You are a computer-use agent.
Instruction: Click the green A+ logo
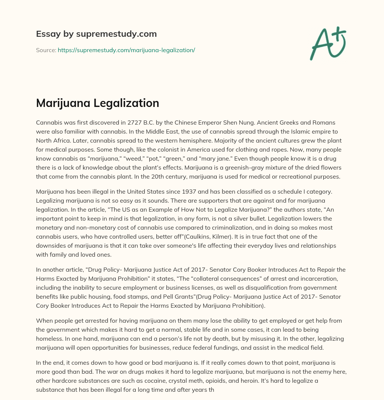point(327,43)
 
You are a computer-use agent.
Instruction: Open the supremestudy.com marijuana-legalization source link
point(126,50)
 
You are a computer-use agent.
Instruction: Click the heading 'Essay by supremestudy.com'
point(96,34)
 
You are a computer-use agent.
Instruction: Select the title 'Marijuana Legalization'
point(97,103)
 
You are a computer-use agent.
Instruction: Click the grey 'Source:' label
point(46,50)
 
